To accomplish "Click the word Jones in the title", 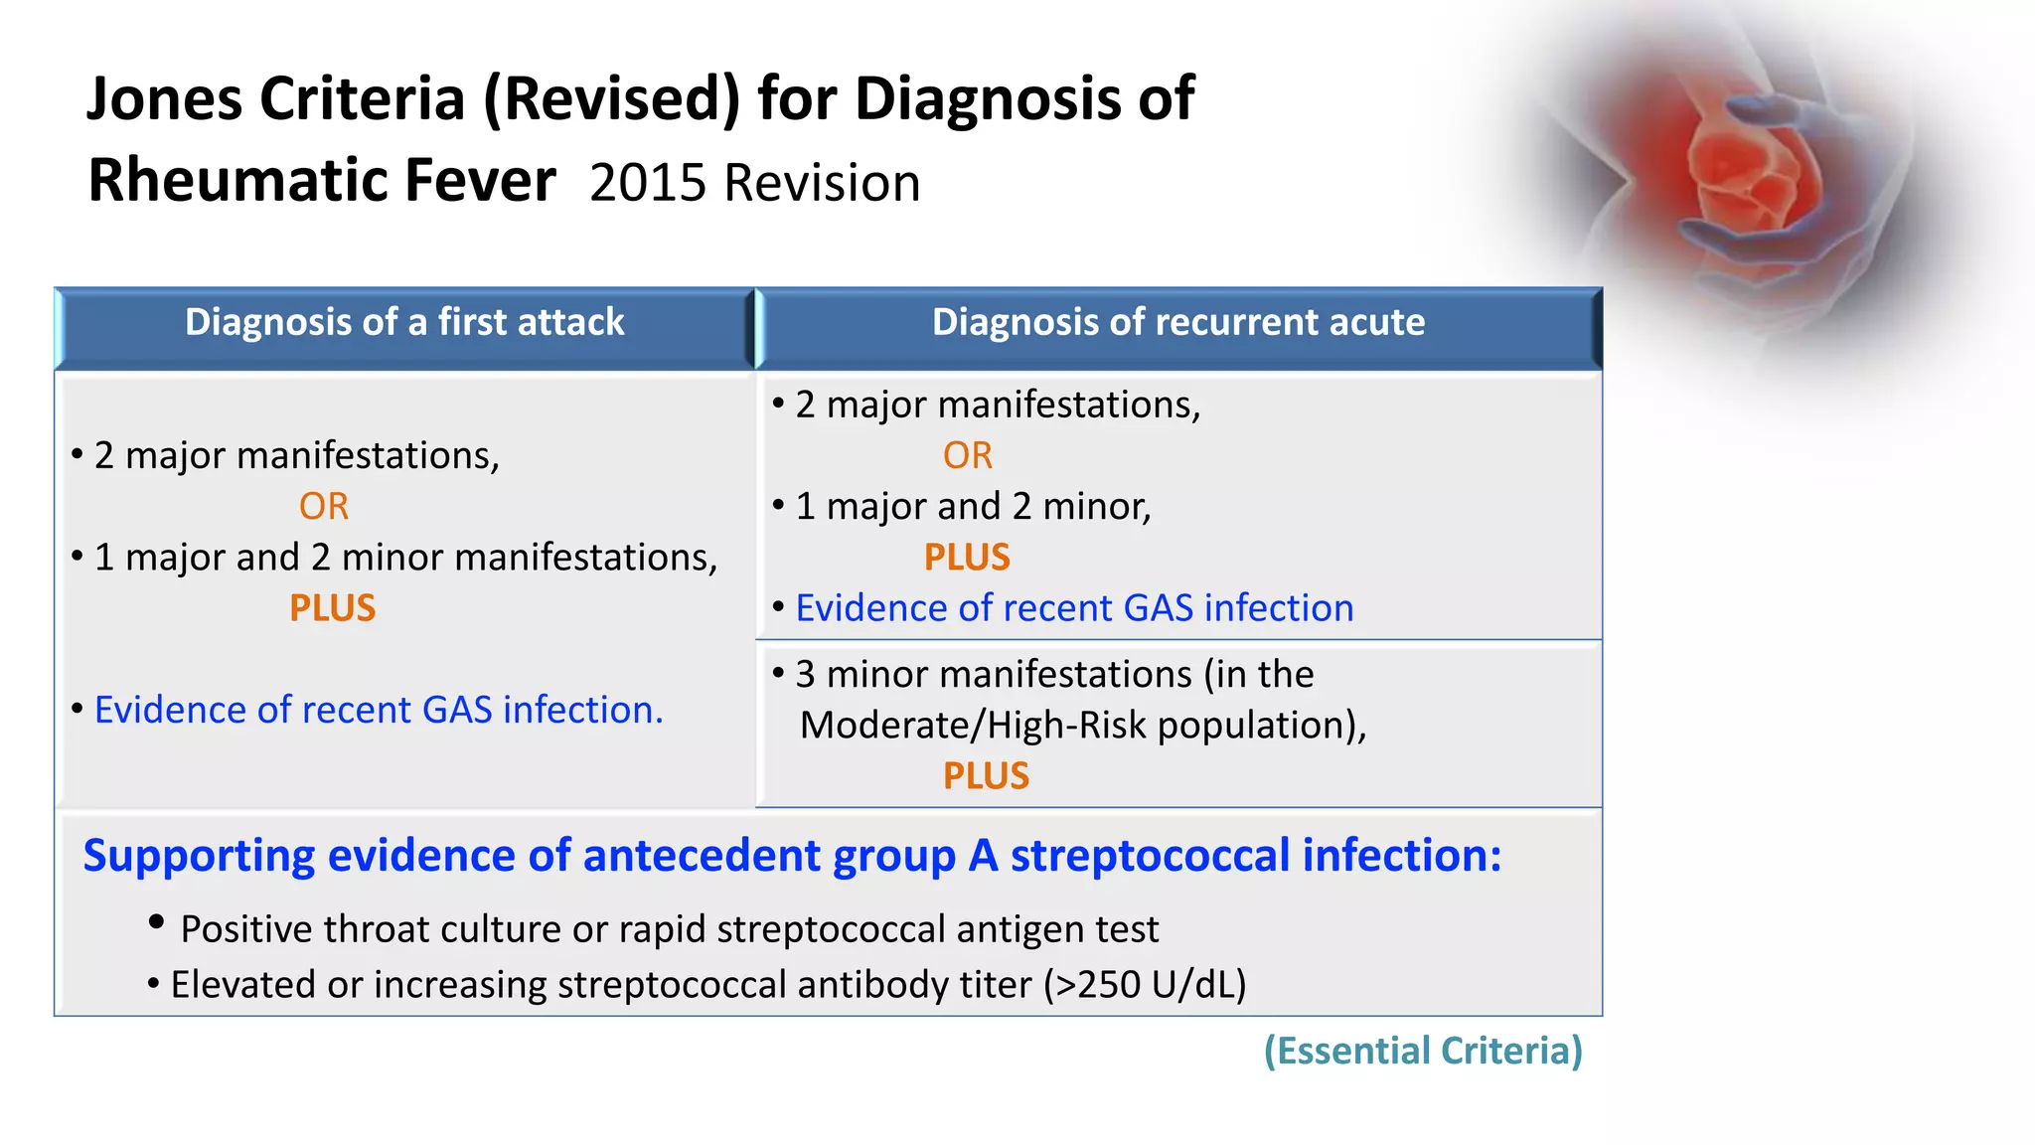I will point(164,99).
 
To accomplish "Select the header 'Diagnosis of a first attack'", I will point(404,322).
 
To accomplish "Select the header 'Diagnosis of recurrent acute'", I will point(1177,322).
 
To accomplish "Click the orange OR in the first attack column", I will point(324,507).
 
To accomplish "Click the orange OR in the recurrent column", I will point(967,456).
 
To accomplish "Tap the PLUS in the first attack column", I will point(332,608).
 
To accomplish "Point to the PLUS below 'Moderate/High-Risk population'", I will point(986,776).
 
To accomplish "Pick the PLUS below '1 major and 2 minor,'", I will point(967,558).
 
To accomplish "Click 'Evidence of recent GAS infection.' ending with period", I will point(379,710).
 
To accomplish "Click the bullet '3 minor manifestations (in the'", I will point(1053,675).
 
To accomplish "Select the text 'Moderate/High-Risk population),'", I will point(1083,726).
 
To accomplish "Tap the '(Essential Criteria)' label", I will point(1423,1051).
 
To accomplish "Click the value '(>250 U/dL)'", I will point(1145,985).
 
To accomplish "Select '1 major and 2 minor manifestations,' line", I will point(405,558).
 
